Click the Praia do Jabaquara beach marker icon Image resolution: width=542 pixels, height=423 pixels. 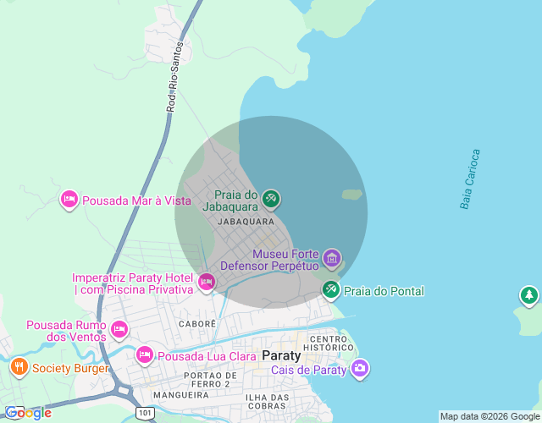271,199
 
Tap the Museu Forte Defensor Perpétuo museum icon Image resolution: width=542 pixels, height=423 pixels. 331,257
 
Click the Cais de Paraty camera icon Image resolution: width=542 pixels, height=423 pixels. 361,368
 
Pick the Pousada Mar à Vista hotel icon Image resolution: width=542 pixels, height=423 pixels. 69,200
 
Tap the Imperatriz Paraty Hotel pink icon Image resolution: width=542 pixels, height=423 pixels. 206,282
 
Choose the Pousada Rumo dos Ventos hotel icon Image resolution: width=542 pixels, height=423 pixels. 119,328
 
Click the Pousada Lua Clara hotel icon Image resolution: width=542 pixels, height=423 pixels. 145,355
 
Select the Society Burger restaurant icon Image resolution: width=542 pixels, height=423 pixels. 19,367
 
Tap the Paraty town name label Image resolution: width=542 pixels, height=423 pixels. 282,354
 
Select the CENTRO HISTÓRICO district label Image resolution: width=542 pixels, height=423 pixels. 330,343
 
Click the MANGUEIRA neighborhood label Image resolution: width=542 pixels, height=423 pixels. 180,394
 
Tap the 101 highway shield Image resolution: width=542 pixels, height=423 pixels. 144,413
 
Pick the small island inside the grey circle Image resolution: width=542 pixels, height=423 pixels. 352,195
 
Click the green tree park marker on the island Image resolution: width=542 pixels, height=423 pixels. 529,295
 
